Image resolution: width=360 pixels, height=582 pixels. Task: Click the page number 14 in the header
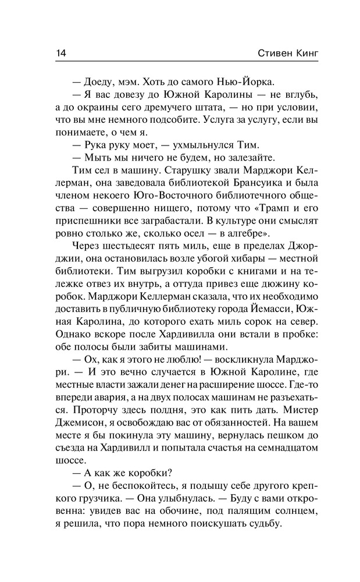point(61,53)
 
